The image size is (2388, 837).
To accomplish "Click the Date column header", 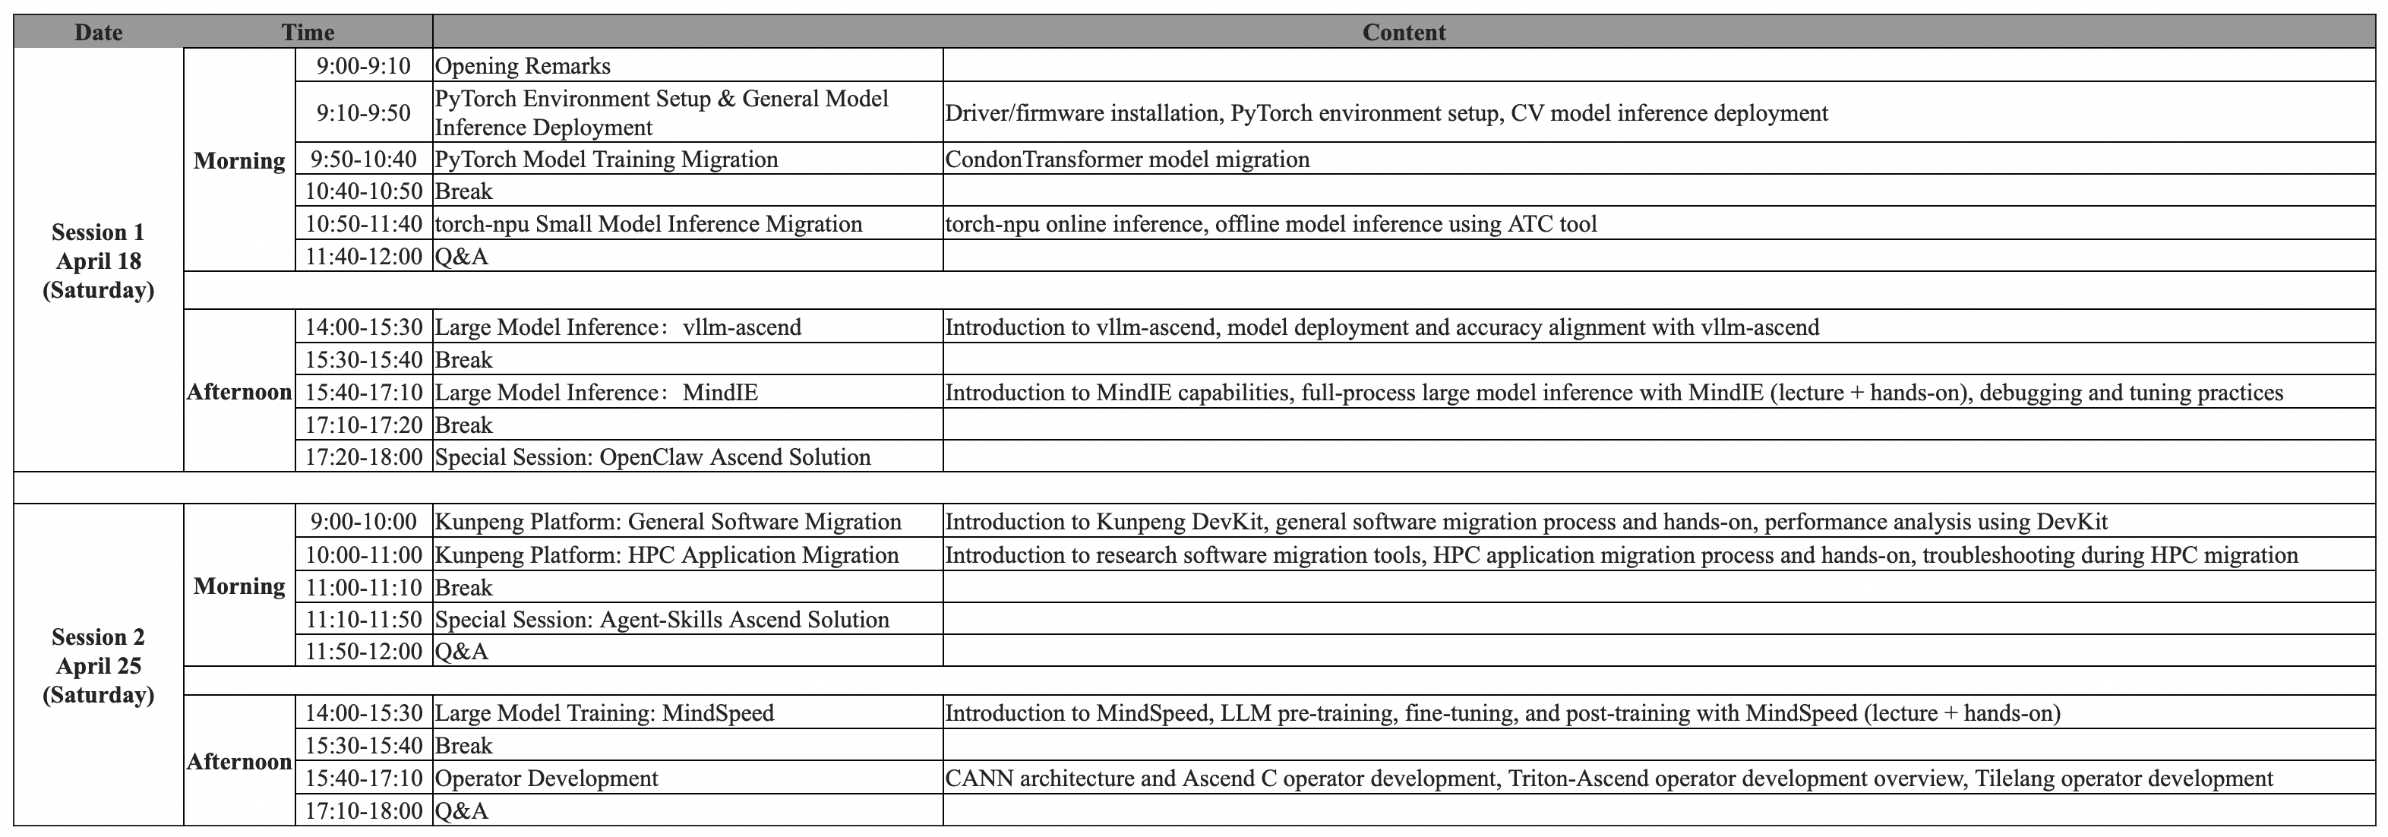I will click(x=98, y=33).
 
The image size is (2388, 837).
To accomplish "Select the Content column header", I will click(x=1403, y=33).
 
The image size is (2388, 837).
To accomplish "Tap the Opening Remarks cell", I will click(x=523, y=66).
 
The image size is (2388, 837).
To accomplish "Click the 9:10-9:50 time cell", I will click(x=363, y=113).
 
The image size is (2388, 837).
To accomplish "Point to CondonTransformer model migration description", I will click(x=1127, y=160).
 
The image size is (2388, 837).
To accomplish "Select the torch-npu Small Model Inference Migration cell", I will click(x=648, y=223).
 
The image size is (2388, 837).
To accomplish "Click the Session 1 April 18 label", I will click(x=98, y=261).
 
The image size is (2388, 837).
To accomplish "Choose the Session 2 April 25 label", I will click(x=98, y=665).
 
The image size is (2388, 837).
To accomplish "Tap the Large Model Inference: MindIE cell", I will click(x=596, y=392).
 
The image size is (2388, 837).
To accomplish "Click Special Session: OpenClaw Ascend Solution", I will click(x=652, y=457).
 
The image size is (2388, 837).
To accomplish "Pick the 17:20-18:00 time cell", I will click(x=363, y=457).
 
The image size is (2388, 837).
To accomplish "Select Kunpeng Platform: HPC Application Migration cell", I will click(x=667, y=555).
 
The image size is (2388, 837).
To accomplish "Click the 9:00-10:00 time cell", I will click(x=363, y=522).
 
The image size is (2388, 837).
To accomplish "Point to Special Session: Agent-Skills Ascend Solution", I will click(x=662, y=619).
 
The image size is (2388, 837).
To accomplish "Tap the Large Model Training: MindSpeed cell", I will click(x=605, y=712).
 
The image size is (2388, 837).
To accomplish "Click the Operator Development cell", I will click(x=546, y=779).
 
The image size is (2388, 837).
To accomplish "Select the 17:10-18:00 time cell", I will click(x=363, y=811).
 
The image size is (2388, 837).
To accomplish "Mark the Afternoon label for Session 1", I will click(x=239, y=392).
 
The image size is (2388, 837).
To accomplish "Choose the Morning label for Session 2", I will click(x=239, y=586).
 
